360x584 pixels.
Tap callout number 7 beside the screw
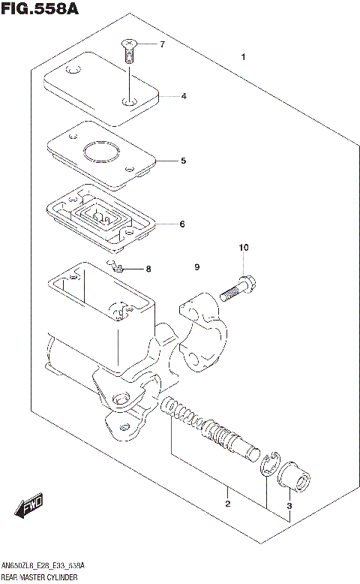[161, 45]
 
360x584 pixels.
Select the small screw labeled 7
[129, 51]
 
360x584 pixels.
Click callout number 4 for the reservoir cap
[183, 96]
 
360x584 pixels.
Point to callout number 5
[182, 161]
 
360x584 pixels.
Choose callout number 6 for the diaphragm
[181, 224]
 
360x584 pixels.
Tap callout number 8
[148, 269]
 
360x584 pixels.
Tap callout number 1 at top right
[242, 57]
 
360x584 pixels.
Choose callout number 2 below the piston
[226, 504]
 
